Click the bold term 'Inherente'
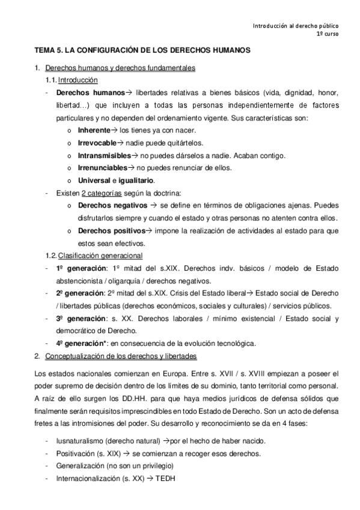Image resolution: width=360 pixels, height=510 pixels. click(94, 130)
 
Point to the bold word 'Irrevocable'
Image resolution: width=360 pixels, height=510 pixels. click(97, 143)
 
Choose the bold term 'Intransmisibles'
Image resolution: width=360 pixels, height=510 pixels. click(105, 155)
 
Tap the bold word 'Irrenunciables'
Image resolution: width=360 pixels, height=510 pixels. click(103, 168)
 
